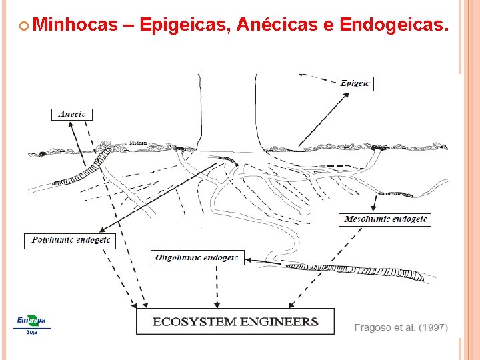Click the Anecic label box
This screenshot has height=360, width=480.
click(72, 114)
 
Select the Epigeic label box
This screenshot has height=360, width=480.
click(355, 83)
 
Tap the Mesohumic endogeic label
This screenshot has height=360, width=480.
click(386, 219)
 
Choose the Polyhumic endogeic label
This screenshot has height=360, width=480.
click(70, 240)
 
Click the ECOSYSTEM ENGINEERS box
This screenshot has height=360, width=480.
click(235, 321)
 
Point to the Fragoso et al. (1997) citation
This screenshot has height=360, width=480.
click(401, 327)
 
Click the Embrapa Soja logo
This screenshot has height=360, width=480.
click(31, 323)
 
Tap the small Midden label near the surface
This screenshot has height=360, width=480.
click(138, 143)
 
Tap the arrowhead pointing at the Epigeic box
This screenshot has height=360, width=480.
click(346, 94)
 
